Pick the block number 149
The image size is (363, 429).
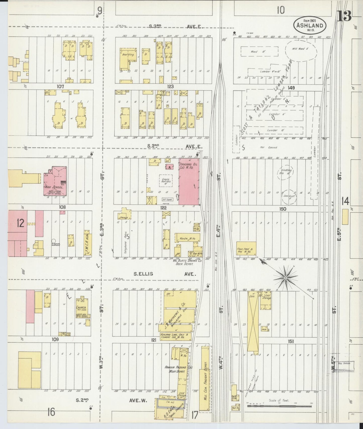pyautogui.click(x=291, y=88)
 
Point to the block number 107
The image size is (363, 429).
pyautogui.click(x=60, y=86)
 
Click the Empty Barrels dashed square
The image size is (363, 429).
pyautogui.click(x=166, y=181)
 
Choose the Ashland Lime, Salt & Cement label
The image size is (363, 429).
pyautogui.click(x=176, y=336)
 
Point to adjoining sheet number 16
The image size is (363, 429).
pyautogui.click(x=51, y=412)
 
